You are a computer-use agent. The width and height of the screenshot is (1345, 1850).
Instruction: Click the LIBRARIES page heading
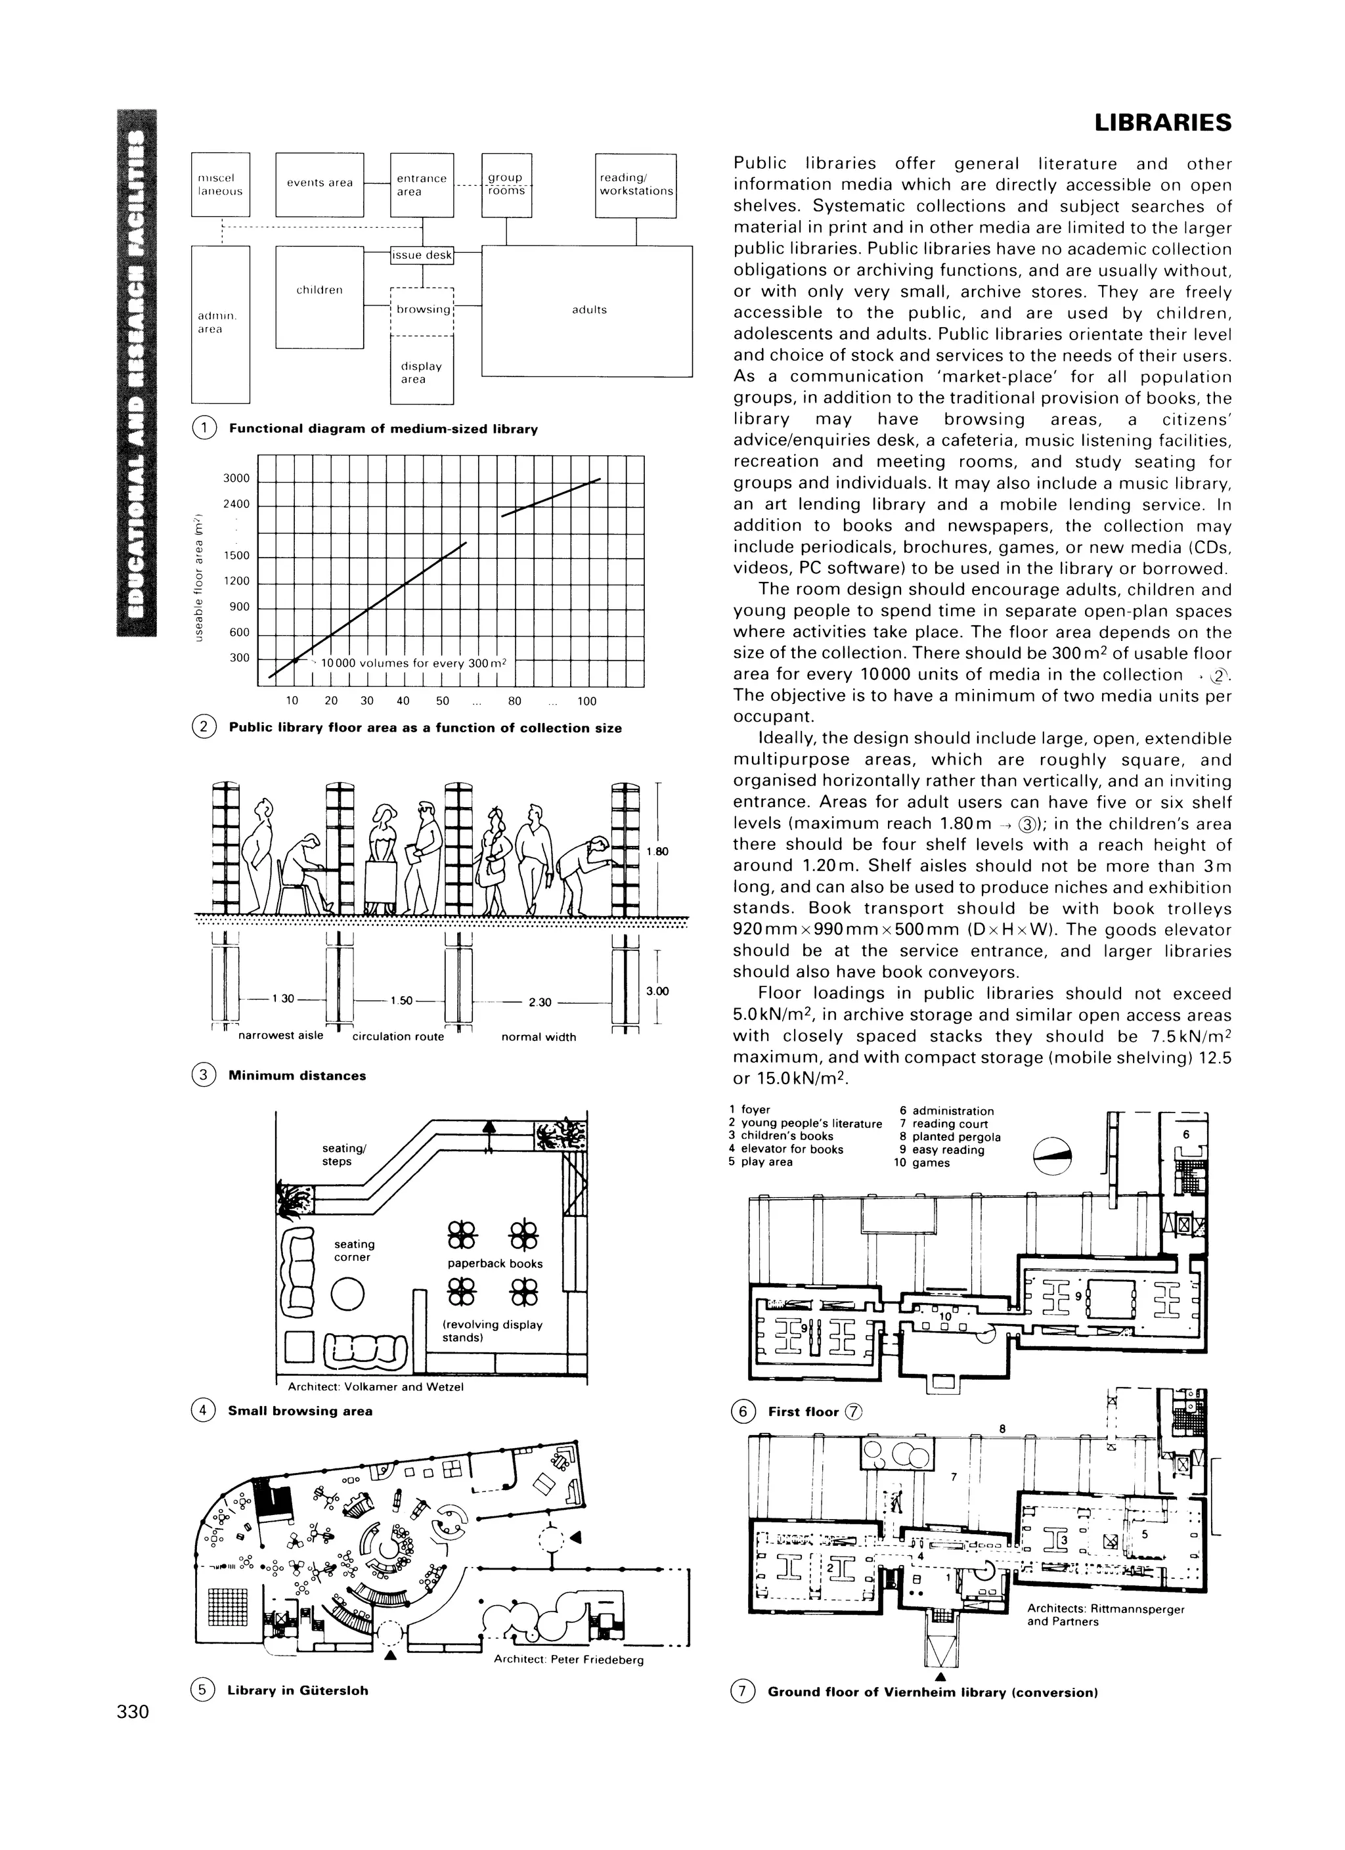pos(1162,123)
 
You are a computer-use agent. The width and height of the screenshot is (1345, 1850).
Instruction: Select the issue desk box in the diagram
pos(422,255)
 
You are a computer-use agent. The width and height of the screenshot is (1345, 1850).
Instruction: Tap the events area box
pos(320,183)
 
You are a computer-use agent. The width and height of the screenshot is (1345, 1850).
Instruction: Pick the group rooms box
pos(506,185)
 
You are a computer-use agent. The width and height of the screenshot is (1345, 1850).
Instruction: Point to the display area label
pos(422,373)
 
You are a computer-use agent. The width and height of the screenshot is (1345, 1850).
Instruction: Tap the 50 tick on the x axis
pos(442,701)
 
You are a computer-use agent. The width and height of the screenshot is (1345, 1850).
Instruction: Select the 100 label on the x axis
pos(586,701)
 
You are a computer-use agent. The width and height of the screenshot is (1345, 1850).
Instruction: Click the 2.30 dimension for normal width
pos(539,1002)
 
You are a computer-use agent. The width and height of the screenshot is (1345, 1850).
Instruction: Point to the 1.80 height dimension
pos(657,852)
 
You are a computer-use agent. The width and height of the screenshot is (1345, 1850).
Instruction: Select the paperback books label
pos(495,1264)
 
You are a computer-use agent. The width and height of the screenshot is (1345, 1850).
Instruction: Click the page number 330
pos(133,1712)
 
